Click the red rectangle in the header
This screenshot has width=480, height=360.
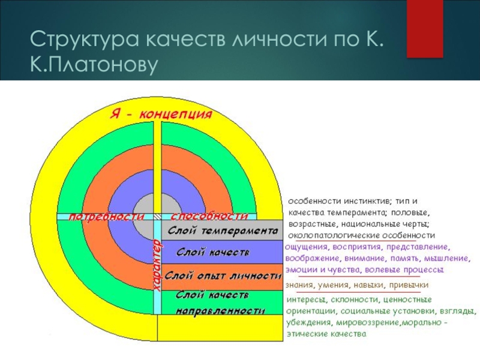tap(425, 29)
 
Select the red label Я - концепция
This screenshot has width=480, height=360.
tap(161, 115)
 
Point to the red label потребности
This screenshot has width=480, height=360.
tap(106, 216)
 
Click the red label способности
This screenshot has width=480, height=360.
tap(209, 216)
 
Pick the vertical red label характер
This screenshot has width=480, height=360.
tap(157, 265)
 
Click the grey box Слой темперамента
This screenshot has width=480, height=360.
tap(222, 230)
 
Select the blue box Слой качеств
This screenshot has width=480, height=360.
tap(222, 252)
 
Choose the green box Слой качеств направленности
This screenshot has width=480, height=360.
tap(222, 302)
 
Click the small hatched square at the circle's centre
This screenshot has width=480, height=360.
tap(157, 216)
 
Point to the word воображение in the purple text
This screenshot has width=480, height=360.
tap(312, 259)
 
